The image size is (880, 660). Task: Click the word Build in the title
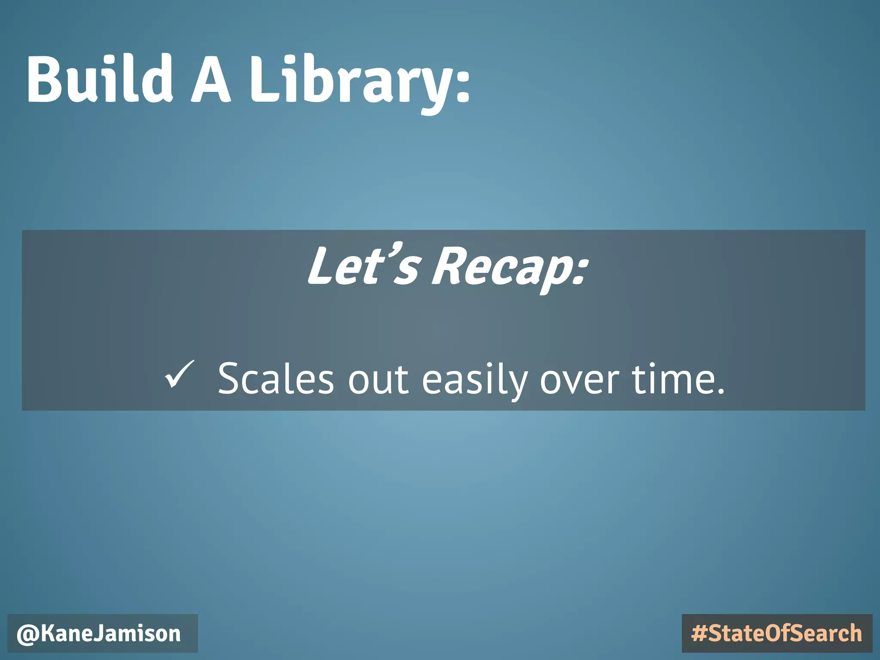tap(100, 79)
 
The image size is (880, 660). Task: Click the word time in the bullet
tap(670, 378)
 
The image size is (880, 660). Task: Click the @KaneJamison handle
tap(99, 634)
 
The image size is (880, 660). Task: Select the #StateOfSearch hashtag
tap(777, 634)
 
